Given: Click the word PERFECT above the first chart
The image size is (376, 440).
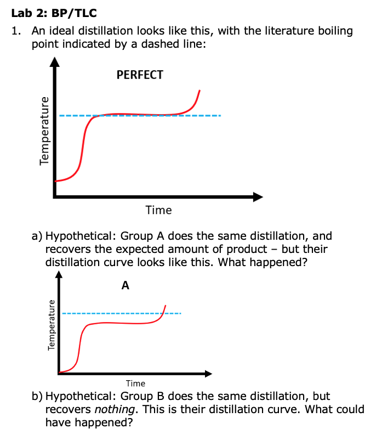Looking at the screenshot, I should [x=140, y=75].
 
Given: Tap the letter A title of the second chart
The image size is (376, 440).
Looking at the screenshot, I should [x=126, y=285].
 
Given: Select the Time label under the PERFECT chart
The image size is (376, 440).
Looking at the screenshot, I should [x=158, y=210].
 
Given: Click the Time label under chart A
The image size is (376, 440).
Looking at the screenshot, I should [x=135, y=383].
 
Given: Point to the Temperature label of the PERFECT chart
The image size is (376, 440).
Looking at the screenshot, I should [x=43, y=129].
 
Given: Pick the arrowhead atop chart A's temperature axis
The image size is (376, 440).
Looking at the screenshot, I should [x=59, y=275].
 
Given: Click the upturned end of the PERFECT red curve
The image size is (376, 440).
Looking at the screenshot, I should [x=199, y=91].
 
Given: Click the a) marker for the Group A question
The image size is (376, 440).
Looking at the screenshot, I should [x=37, y=236].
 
